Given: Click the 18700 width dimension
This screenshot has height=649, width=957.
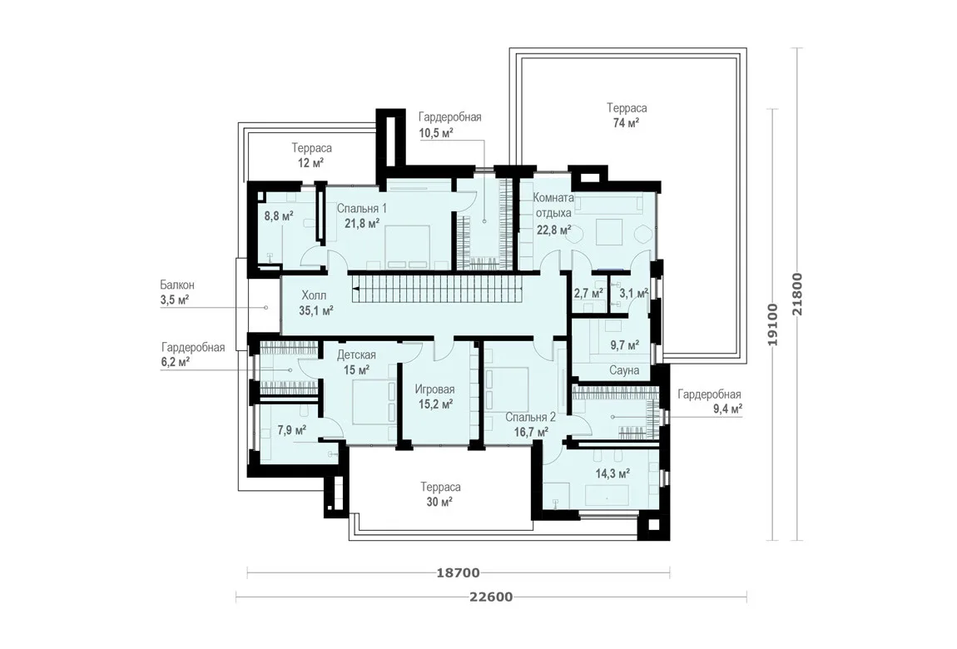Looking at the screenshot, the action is tap(458, 573).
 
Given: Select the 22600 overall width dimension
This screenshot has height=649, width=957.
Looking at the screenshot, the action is tap(491, 597).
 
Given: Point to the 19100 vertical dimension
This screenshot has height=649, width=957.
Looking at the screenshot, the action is tap(773, 324).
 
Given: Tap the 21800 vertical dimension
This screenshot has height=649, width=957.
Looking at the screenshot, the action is tap(797, 294).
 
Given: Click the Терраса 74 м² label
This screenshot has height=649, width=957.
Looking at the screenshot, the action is tap(627, 116).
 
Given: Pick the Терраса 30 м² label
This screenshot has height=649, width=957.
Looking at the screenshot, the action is tap(440, 495).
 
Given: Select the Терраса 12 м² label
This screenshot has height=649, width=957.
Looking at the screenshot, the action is tap(311, 156).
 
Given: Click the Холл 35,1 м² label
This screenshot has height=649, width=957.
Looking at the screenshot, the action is tap(315, 303).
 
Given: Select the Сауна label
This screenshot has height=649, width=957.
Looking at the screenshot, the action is tap(624, 370).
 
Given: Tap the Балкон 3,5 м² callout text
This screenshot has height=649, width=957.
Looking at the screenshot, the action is tap(177, 292).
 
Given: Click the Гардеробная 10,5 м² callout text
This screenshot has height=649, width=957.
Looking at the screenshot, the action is tap(450, 125).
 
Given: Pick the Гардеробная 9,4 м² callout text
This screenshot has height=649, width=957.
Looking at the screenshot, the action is tap(710, 401).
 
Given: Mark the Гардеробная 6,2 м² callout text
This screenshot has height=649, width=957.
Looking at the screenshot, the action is tap(193, 354).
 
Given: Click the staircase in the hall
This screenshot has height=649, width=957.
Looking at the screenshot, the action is tap(436, 287).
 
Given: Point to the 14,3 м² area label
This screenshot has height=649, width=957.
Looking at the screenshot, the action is tap(612, 473).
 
